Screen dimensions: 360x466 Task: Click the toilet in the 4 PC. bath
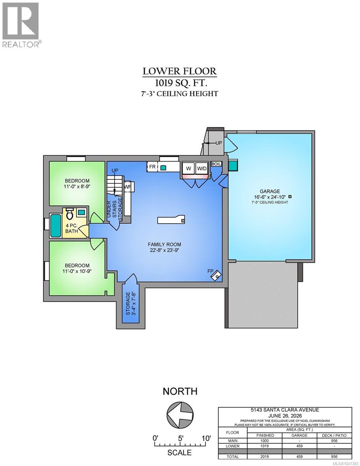click(x=70, y=213)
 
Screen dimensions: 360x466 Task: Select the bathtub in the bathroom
click(x=56, y=225)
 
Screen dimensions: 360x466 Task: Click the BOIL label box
click(x=216, y=164)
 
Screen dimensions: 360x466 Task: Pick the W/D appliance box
click(x=202, y=169)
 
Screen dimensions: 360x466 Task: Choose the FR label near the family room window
click(x=152, y=167)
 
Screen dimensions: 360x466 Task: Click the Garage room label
click(x=270, y=191)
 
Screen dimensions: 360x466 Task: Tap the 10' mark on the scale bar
click(x=206, y=438)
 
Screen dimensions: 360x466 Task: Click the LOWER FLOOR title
click(x=180, y=71)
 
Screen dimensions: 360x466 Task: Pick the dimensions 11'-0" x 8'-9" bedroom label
click(x=77, y=186)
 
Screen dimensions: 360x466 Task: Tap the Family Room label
click(x=164, y=244)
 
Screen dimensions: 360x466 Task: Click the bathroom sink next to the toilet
click(x=81, y=212)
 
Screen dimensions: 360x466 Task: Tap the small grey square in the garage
click(x=290, y=196)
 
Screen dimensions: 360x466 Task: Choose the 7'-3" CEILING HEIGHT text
click(x=180, y=94)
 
